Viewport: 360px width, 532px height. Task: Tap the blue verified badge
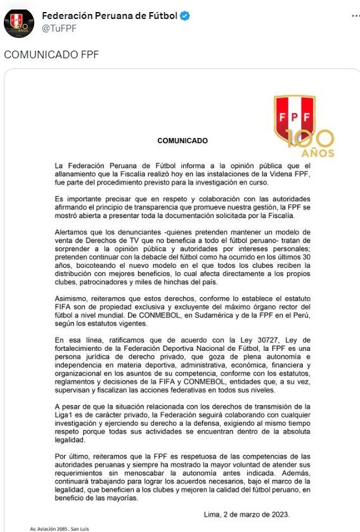point(185,16)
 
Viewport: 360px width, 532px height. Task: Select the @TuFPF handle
point(60,28)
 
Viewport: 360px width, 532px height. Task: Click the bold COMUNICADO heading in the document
point(182,140)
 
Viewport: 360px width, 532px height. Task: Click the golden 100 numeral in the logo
point(310,139)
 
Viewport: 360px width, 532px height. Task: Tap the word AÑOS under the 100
point(318,153)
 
